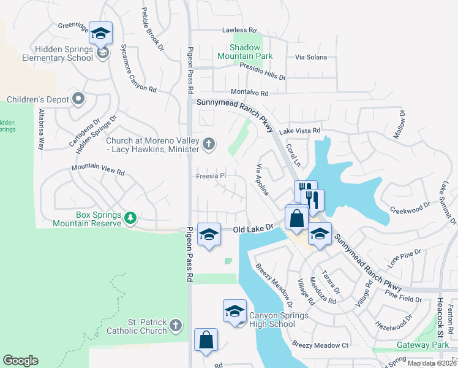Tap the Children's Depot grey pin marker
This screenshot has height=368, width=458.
click(x=78, y=98)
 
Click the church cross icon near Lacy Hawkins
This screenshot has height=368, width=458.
click(x=209, y=144)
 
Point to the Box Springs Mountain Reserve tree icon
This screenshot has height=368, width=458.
click(x=130, y=218)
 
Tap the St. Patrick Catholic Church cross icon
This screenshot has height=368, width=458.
click(x=176, y=325)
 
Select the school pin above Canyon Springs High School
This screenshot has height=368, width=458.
click(x=235, y=312)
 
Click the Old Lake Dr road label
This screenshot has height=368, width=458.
click(x=252, y=229)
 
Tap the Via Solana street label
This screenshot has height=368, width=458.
click(x=311, y=57)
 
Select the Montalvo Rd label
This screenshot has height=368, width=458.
click(x=251, y=93)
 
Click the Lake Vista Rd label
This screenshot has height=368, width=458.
click(x=300, y=131)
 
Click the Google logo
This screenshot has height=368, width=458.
click(x=20, y=361)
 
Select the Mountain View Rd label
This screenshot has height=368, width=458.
click(x=98, y=170)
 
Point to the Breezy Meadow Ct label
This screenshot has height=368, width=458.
click(x=320, y=345)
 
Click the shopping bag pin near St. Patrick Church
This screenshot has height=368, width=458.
click(x=206, y=340)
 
